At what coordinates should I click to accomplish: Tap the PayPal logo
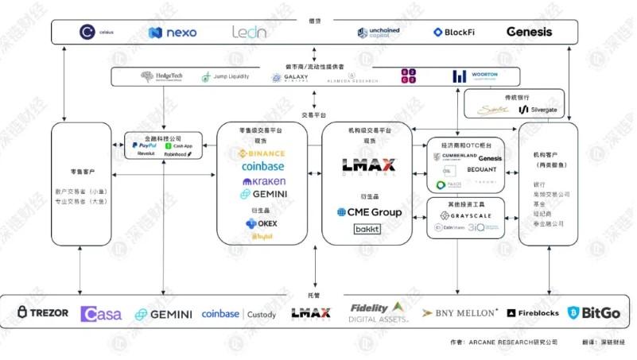click(x=145, y=145)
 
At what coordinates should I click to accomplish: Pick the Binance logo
click(x=262, y=153)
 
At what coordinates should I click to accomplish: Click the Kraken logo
click(x=264, y=181)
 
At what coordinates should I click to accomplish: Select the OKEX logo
click(x=262, y=224)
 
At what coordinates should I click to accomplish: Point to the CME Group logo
click(x=368, y=212)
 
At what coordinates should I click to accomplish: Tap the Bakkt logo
click(x=367, y=229)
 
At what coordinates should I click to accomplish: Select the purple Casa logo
click(x=101, y=314)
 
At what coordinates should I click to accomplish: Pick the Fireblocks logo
click(x=533, y=313)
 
